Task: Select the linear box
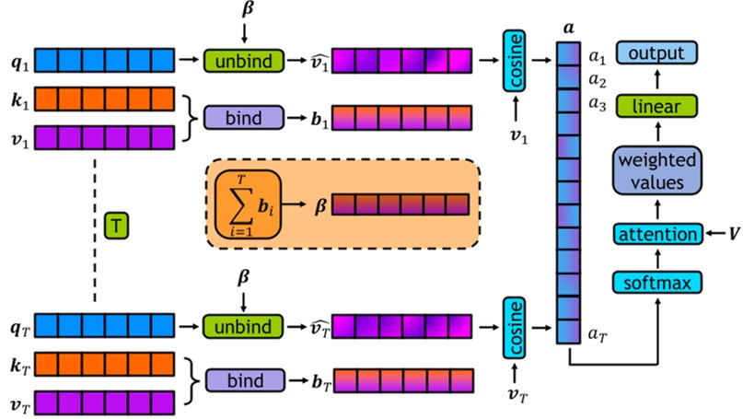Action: [x=656, y=107]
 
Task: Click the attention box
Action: [x=656, y=236]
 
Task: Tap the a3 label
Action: [x=598, y=108]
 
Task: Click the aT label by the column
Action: [x=598, y=337]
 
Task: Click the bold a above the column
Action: [x=568, y=29]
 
